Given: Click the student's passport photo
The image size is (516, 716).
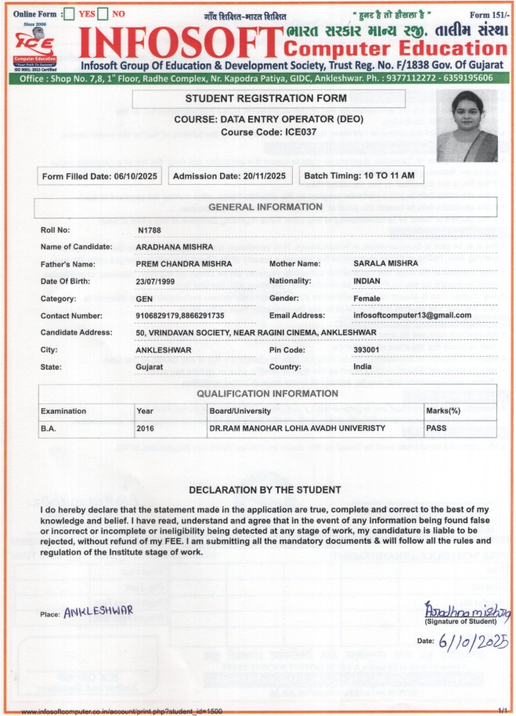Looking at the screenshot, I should tap(467, 126).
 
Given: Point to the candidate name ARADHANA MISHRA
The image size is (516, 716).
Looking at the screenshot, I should tap(175, 247).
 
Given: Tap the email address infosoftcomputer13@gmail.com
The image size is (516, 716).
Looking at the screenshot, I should tap(412, 315).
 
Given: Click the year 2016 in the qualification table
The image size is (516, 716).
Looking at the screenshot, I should tap(146, 429).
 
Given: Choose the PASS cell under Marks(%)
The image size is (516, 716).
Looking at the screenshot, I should tap(436, 429).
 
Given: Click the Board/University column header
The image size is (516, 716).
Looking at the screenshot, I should tap(240, 411).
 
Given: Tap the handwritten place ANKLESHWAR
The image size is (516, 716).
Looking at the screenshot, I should tap(99, 609).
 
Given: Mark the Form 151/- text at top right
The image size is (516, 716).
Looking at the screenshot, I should tap(485, 15).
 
